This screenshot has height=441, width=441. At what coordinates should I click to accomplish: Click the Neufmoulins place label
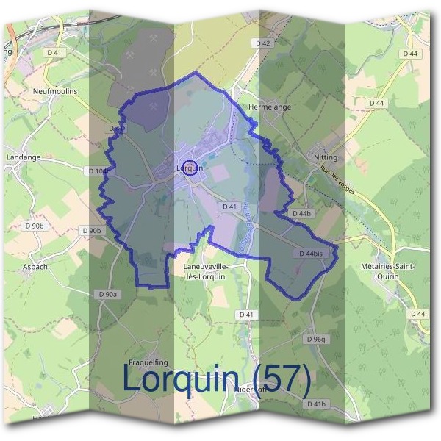55,91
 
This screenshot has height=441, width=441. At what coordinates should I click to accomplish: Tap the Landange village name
23,157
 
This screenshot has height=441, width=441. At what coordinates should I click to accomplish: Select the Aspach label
35,267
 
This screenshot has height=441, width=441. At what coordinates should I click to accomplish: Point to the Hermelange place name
270,107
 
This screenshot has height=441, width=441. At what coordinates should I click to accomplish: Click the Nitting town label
326,157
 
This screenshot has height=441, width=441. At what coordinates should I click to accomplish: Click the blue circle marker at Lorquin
189,168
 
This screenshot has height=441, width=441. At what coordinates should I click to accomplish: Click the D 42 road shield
263,43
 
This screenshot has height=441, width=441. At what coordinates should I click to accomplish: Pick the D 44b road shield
302,213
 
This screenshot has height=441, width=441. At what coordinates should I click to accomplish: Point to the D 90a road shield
107,294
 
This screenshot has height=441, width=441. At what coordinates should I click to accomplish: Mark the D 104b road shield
98,171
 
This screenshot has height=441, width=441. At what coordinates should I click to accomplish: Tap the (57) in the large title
278,380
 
